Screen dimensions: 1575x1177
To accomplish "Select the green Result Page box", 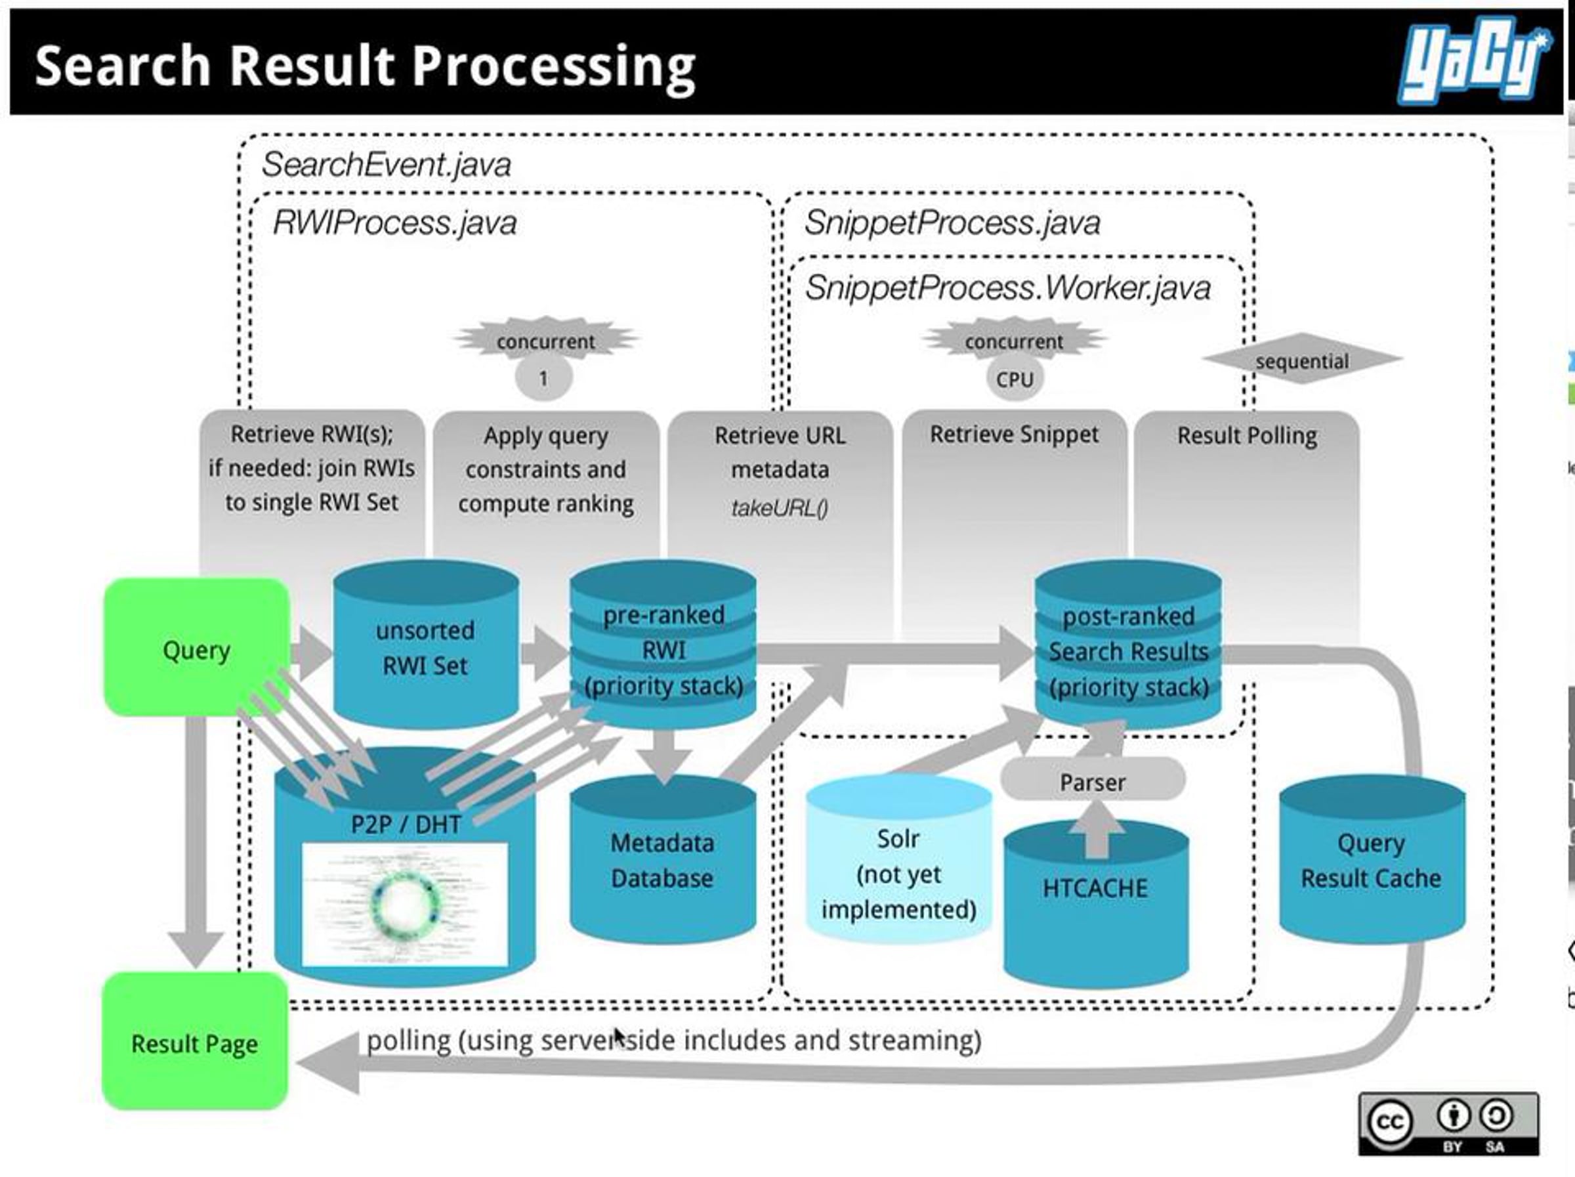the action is [x=195, y=1040].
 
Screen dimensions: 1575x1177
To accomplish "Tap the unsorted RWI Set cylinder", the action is [x=426, y=645].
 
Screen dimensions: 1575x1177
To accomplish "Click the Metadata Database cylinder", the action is [x=662, y=859].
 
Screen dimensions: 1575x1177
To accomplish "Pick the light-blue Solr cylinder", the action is [x=898, y=859].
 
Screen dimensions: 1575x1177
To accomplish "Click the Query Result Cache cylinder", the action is [x=1372, y=859].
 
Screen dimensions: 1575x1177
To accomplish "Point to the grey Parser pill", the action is [x=1093, y=781].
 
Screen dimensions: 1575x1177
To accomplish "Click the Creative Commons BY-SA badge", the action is [x=1448, y=1124].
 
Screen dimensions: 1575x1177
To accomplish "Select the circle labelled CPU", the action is [x=1015, y=379].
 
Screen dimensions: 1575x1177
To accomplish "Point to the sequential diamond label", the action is [x=1301, y=360].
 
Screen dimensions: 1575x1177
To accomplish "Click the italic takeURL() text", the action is [x=780, y=507].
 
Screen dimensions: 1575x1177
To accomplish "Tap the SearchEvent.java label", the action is [x=386, y=165].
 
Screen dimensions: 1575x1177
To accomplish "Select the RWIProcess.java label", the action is [x=394, y=223].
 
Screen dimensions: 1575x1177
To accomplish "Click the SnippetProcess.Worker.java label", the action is [x=1007, y=288].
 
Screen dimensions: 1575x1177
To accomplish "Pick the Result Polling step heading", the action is [x=1247, y=435].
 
